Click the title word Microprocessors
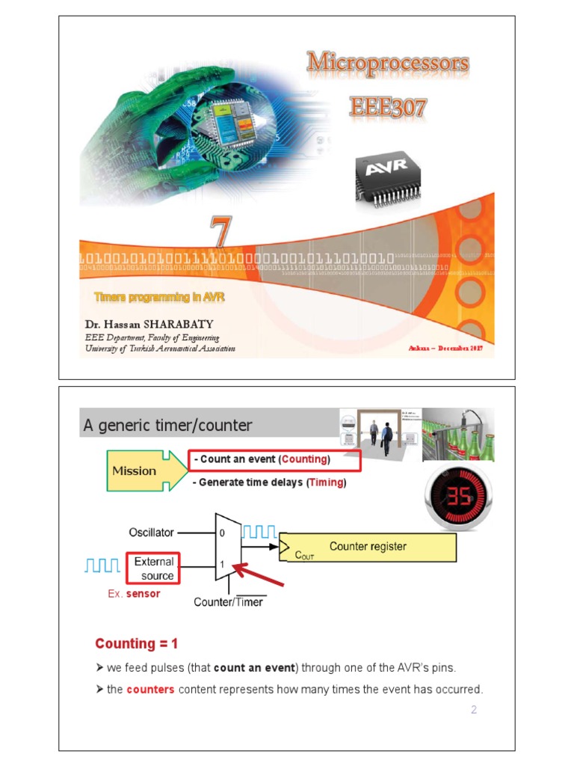(x=387, y=63)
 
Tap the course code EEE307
(x=389, y=107)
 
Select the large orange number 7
(x=220, y=232)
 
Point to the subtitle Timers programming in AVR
(x=159, y=298)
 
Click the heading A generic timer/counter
(x=167, y=426)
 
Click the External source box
(x=154, y=569)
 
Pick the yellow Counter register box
(x=368, y=547)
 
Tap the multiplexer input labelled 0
(x=221, y=533)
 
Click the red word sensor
(x=143, y=594)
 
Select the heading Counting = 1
(x=136, y=644)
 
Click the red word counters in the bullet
(x=150, y=689)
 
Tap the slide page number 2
(x=473, y=710)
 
